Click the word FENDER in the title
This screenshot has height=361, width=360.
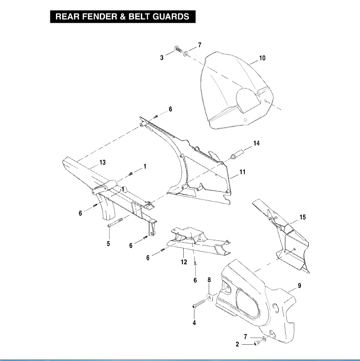[x=99, y=17]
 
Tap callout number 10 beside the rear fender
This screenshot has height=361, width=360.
[x=262, y=58]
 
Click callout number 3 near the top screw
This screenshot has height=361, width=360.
[x=162, y=58]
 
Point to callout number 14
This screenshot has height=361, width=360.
[x=256, y=143]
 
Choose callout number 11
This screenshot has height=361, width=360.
[x=242, y=172]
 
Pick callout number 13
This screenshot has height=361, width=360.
[x=103, y=162]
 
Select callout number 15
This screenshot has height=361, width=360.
[x=303, y=217]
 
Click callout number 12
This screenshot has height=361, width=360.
[x=184, y=262]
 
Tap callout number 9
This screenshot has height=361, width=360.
[x=299, y=286]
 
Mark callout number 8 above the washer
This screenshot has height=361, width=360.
[x=209, y=280]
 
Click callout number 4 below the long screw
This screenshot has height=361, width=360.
[x=194, y=323]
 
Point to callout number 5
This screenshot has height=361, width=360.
[x=108, y=244]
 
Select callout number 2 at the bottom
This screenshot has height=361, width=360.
[x=237, y=344]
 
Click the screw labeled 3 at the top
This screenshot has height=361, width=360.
[x=178, y=49]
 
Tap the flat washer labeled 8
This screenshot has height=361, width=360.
[x=210, y=297]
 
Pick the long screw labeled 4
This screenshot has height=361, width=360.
[x=199, y=303]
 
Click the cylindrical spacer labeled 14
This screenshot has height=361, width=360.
[x=237, y=154]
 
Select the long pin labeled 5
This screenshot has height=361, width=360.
[x=115, y=222]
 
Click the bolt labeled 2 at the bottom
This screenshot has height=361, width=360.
[x=256, y=343]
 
